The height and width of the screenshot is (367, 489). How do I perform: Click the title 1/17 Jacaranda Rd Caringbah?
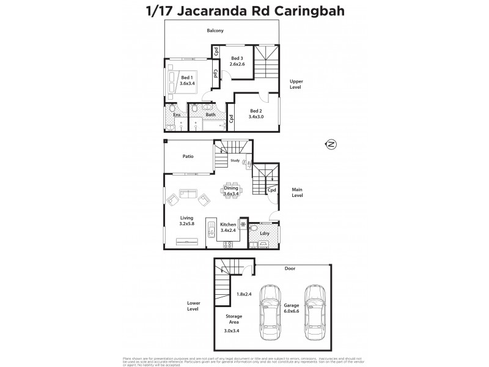pyautogui.click(x=244, y=11)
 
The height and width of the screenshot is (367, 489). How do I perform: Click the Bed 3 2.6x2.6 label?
pyautogui.click(x=237, y=61)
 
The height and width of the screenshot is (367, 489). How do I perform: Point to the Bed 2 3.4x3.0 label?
pyautogui.click(x=257, y=114)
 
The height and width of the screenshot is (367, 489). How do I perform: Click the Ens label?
pyautogui.click(x=177, y=114)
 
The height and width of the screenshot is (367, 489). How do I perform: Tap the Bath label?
pyautogui.click(x=210, y=114)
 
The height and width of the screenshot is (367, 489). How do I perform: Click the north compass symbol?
pyautogui.click(x=330, y=144)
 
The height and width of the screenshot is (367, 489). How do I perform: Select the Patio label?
pyautogui.click(x=189, y=157)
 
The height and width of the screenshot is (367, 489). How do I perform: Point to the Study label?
pyautogui.click(x=235, y=161)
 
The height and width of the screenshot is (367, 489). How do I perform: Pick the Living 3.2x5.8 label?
pyautogui.click(x=187, y=221)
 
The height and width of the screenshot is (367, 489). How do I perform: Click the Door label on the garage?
pyautogui.click(x=290, y=268)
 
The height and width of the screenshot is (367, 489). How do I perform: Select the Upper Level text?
pyautogui.click(x=296, y=84)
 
